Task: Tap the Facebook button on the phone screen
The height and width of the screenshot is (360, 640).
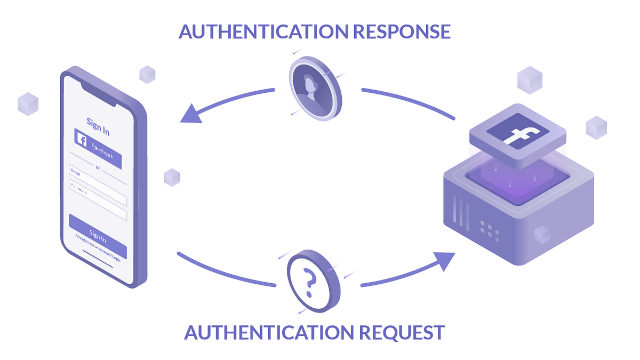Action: click(x=98, y=147)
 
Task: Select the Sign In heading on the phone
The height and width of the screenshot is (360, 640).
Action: click(x=98, y=126)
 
